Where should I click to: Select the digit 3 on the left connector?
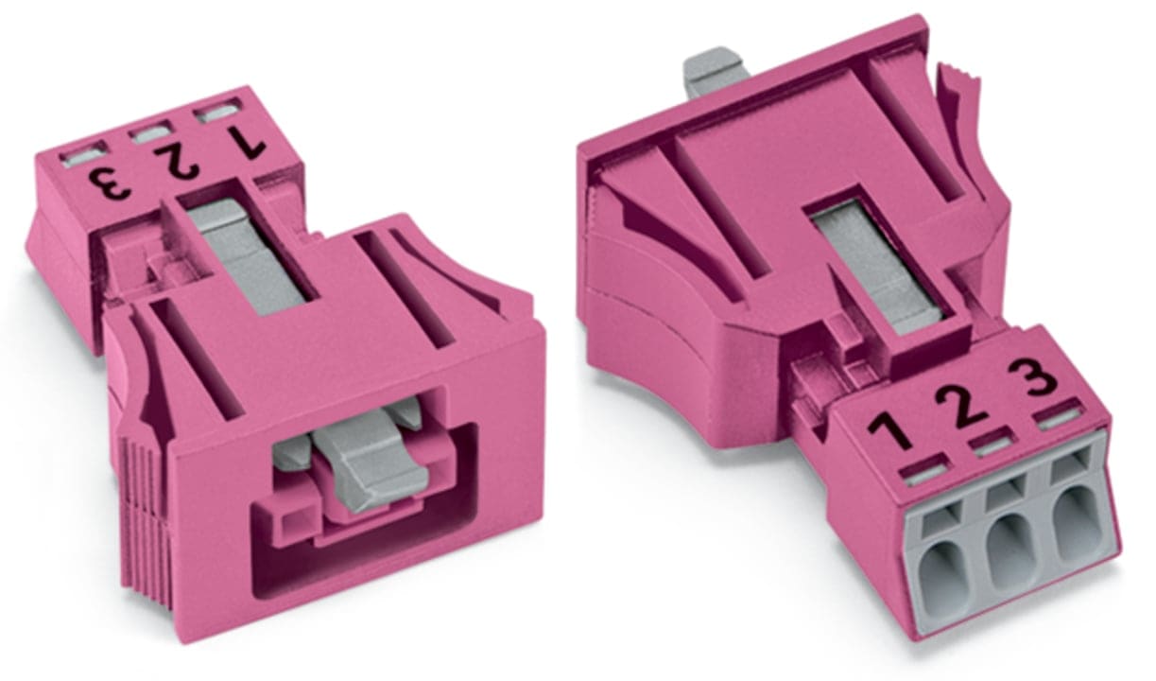click(110, 183)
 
